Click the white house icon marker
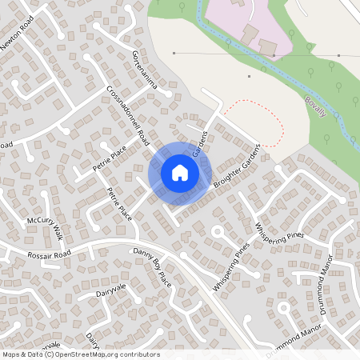[180, 172]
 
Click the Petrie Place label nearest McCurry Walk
[119, 203]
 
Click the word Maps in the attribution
[11, 354]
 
